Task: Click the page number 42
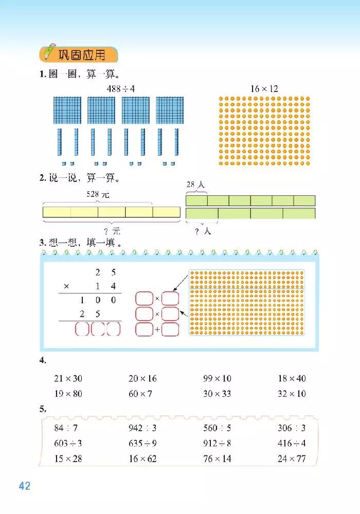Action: [x=25, y=486]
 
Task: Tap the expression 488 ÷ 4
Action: [x=121, y=89]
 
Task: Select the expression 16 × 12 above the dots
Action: [x=264, y=89]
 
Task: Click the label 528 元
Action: [x=97, y=195]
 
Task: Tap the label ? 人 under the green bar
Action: [x=202, y=231]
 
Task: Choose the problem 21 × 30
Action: [x=68, y=378]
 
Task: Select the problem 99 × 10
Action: [x=217, y=378]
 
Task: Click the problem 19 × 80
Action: [x=68, y=394]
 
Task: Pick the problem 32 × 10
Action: [x=292, y=394]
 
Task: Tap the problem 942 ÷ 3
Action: [x=142, y=428]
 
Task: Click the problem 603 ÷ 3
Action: [x=68, y=443]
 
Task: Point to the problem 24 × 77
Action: [x=292, y=458]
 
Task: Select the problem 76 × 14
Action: [x=217, y=458]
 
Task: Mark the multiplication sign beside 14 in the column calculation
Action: [x=66, y=286]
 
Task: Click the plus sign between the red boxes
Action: [x=157, y=329]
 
